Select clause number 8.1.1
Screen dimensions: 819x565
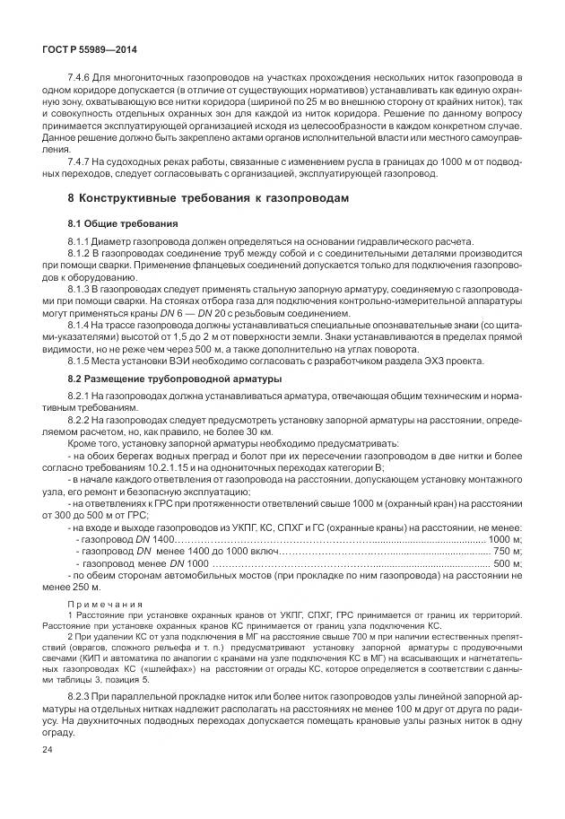pyautogui.click(x=81, y=242)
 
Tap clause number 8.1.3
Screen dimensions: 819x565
pyautogui.click(x=81, y=290)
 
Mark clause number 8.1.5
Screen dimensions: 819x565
pyautogui.click(x=81, y=361)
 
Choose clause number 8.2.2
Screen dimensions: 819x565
pyautogui.click(x=81, y=419)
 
